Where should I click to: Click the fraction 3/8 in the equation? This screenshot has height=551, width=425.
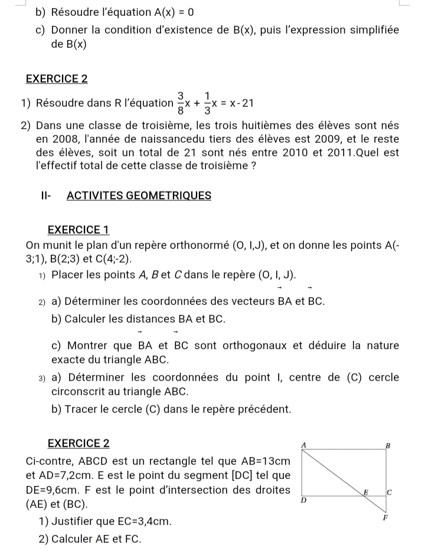click(x=180, y=101)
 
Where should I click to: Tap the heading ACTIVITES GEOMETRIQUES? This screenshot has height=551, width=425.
click(x=139, y=195)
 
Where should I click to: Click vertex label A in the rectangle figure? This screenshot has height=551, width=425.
click(x=304, y=443)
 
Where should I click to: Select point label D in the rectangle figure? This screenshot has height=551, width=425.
click(x=303, y=500)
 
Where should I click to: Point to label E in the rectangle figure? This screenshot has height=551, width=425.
click(x=365, y=491)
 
